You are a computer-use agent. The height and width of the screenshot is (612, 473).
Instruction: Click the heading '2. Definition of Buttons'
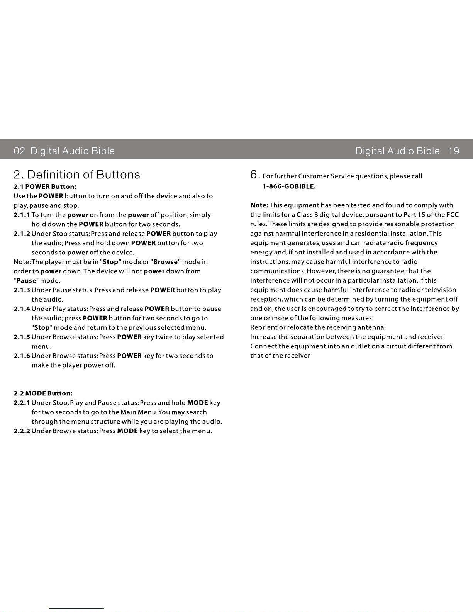77,175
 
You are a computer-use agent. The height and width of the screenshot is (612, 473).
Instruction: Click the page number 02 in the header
19,151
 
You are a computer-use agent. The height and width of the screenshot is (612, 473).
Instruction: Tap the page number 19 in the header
454,151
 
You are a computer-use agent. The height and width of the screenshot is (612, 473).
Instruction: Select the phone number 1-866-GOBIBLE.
289,186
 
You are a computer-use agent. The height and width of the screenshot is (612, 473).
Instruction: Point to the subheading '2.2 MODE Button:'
43,393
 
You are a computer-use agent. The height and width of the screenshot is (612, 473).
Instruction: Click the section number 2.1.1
22,215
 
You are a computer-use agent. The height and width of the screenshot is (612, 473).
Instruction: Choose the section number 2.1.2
22,234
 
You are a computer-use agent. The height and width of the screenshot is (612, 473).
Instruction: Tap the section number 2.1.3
22,290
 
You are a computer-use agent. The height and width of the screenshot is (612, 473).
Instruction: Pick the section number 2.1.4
22,309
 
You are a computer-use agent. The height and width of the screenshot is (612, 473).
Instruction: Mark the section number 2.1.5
22,337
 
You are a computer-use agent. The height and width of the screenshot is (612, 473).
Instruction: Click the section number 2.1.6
22,356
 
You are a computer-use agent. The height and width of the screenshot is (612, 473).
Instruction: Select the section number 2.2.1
22,403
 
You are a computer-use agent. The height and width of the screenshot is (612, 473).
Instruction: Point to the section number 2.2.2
22,431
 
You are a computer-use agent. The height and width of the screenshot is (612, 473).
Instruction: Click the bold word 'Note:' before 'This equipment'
259,205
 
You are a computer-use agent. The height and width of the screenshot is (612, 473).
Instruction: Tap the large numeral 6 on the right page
254,175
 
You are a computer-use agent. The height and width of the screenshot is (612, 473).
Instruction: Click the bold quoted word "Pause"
26,281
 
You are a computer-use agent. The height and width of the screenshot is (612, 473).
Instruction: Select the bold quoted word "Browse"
166,262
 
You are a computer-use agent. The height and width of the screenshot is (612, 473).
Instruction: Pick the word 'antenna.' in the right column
371,327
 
